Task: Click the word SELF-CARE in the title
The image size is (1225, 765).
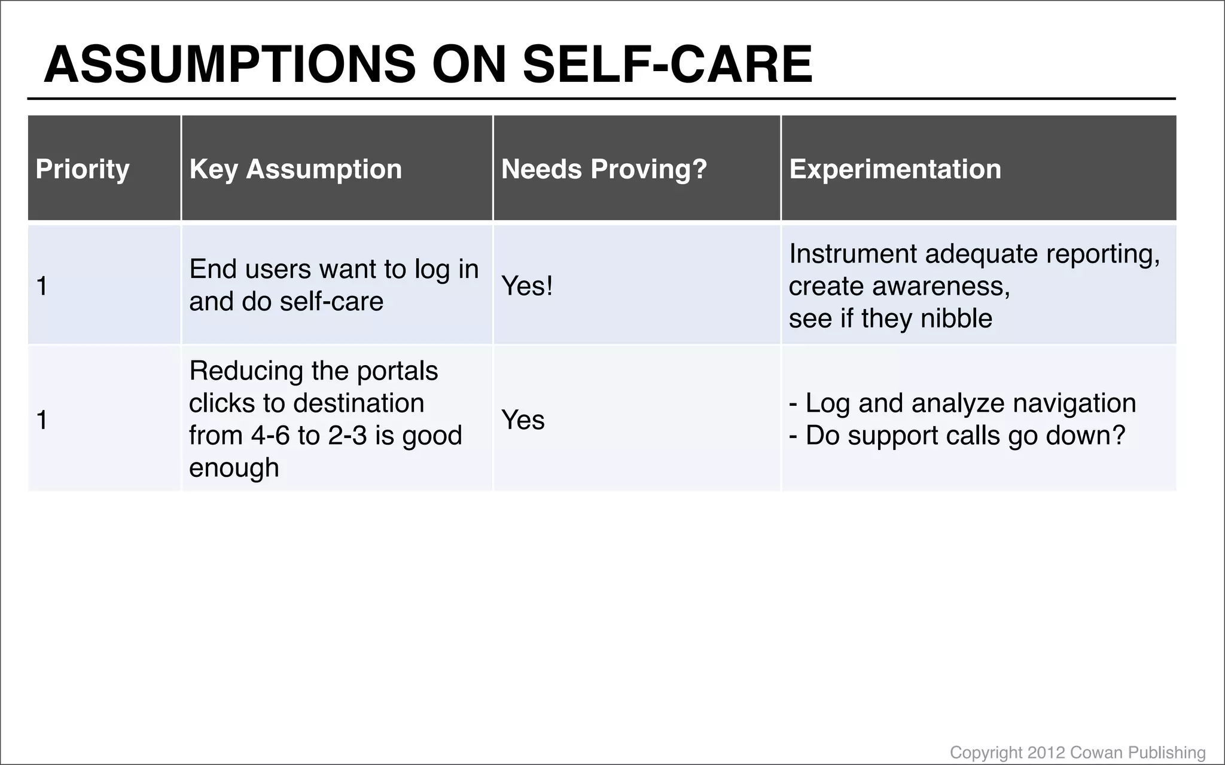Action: coord(668,65)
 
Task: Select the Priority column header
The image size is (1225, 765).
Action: coord(83,169)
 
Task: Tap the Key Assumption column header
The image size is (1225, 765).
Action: coord(295,169)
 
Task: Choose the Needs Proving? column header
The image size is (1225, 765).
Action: coord(604,169)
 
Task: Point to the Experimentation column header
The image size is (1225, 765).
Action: coord(895,169)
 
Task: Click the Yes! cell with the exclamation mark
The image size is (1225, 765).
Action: coord(527,286)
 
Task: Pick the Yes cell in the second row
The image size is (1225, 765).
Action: coord(523,420)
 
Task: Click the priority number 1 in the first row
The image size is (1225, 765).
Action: coord(42,286)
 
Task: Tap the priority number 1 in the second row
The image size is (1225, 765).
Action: coord(42,420)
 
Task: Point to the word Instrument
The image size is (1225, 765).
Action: coord(852,254)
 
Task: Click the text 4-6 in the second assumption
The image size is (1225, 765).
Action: coord(270,435)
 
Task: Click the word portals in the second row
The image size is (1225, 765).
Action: coord(397,371)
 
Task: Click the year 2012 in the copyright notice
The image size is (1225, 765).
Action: coord(1046,752)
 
